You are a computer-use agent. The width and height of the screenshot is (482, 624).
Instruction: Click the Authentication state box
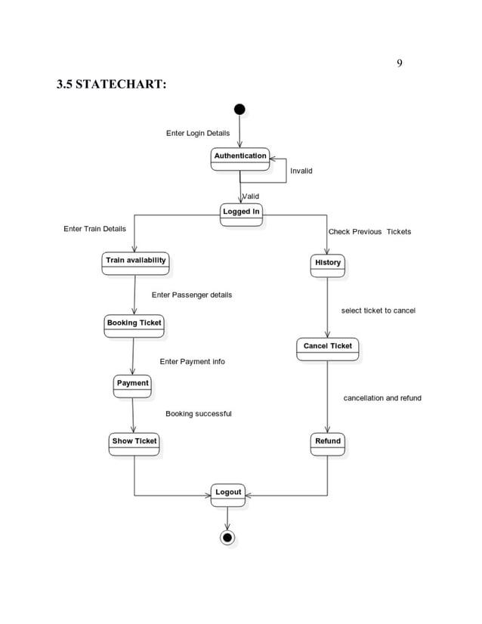[x=239, y=159]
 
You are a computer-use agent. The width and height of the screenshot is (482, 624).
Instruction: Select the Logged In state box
[x=241, y=215]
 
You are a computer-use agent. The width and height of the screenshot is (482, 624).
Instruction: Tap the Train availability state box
[x=135, y=263]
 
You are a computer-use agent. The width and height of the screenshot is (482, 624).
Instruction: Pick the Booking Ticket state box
[x=134, y=326]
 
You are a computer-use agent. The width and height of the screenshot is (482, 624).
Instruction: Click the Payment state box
[x=132, y=386]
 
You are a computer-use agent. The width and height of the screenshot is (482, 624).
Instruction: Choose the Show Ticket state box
[x=134, y=444]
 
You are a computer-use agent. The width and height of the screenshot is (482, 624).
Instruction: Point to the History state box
[x=328, y=265]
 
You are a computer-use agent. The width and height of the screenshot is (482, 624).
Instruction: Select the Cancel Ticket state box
[x=327, y=349]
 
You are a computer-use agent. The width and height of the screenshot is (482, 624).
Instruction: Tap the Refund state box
[x=328, y=444]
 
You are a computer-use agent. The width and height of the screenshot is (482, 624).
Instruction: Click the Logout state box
[x=227, y=496]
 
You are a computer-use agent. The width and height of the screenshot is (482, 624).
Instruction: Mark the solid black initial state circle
[x=239, y=110]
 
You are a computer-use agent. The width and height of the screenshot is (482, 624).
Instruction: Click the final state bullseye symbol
[x=227, y=538]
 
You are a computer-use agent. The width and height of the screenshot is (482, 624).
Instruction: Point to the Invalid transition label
[x=301, y=171]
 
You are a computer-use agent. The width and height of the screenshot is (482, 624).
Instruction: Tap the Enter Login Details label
[x=198, y=133]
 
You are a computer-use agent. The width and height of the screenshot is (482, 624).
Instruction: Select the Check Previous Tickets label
[x=369, y=231]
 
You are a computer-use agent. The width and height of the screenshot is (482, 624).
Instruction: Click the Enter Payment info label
[x=192, y=362]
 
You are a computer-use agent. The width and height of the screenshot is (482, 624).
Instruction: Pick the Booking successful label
[x=198, y=414]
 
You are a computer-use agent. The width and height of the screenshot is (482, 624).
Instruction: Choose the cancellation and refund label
[x=382, y=398]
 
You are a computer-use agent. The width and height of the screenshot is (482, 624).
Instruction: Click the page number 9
[x=399, y=63]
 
